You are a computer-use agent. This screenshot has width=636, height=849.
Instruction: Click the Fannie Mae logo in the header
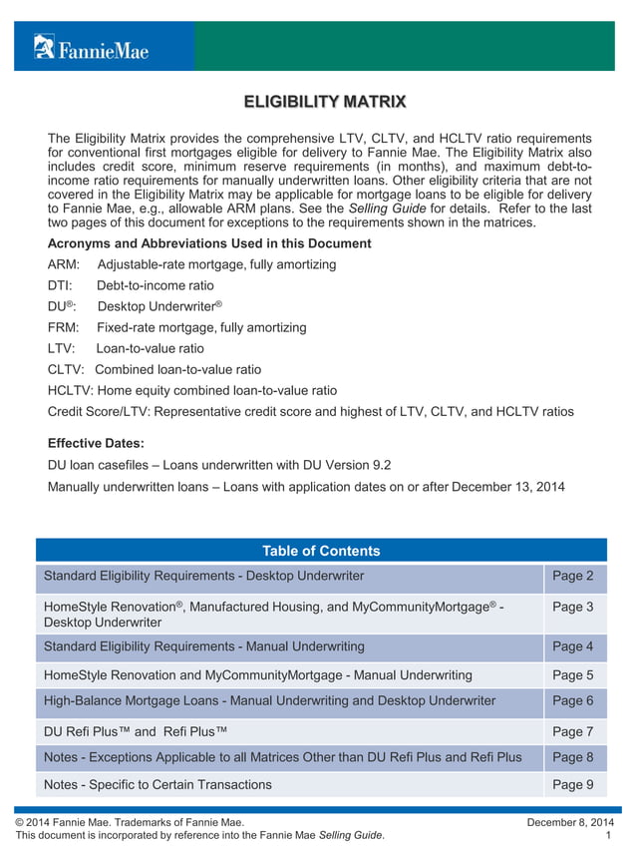click(x=91, y=47)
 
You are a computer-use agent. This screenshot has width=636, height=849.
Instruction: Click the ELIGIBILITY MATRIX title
click(x=325, y=102)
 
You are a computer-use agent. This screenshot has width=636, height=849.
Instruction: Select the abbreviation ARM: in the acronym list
click(x=65, y=264)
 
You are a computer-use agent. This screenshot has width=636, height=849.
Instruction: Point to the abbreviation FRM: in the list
click(x=65, y=327)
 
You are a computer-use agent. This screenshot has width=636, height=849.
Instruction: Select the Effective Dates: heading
click(x=96, y=443)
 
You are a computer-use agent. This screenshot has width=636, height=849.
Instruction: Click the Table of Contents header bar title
click(x=321, y=551)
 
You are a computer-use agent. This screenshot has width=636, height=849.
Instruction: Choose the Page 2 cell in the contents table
click(x=572, y=576)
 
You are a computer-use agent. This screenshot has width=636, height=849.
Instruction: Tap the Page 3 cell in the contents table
click(x=572, y=607)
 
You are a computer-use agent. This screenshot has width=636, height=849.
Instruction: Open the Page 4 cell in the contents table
click(x=572, y=646)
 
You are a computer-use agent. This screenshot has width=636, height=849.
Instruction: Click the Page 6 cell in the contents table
click(x=572, y=700)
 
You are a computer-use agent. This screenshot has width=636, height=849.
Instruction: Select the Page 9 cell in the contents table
click(x=572, y=784)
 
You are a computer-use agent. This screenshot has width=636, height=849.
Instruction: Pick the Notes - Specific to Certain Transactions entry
click(x=158, y=784)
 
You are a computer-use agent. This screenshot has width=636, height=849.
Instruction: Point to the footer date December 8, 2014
click(x=569, y=821)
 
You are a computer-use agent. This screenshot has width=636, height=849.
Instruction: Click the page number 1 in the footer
click(x=608, y=835)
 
